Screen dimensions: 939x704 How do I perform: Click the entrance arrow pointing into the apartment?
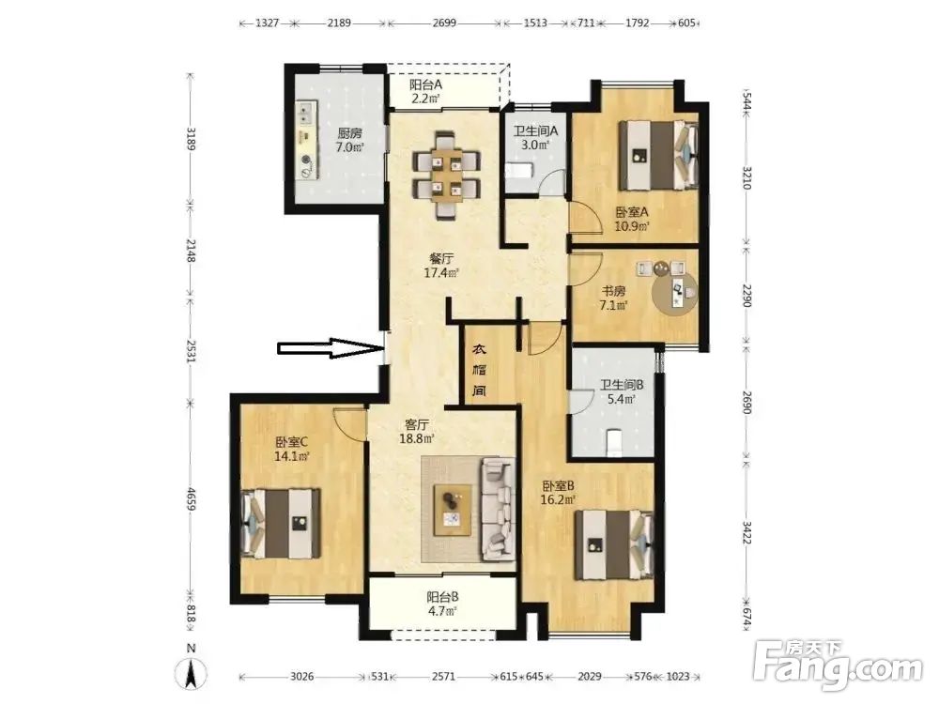pyautogui.click(x=330, y=348)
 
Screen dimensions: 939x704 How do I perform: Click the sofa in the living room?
pyautogui.click(x=499, y=509)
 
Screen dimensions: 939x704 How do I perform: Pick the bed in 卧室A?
pyautogui.click(x=658, y=155)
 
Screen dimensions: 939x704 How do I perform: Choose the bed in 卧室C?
pyautogui.click(x=281, y=524)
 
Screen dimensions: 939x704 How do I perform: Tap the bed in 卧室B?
pyautogui.click(x=614, y=544)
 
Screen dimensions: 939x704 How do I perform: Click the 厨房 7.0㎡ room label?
pyautogui.click(x=349, y=140)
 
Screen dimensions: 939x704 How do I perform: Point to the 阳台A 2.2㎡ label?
pyautogui.click(x=425, y=92)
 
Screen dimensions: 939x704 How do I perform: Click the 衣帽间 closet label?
pyautogui.click(x=479, y=370)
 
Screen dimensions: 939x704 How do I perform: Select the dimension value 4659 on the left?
pyautogui.click(x=191, y=499)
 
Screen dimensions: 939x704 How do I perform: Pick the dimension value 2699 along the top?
pyautogui.click(x=444, y=23)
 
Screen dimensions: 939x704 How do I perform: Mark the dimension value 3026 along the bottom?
pyautogui.click(x=301, y=677)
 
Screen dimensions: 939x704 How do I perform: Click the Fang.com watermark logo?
pyautogui.click(x=839, y=666)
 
